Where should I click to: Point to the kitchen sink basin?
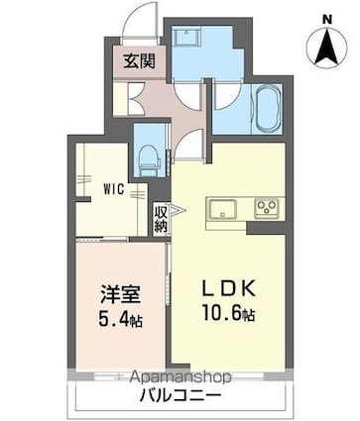pyautogui.click(x=221, y=208)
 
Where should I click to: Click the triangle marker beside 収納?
pyautogui.click(x=176, y=211)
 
